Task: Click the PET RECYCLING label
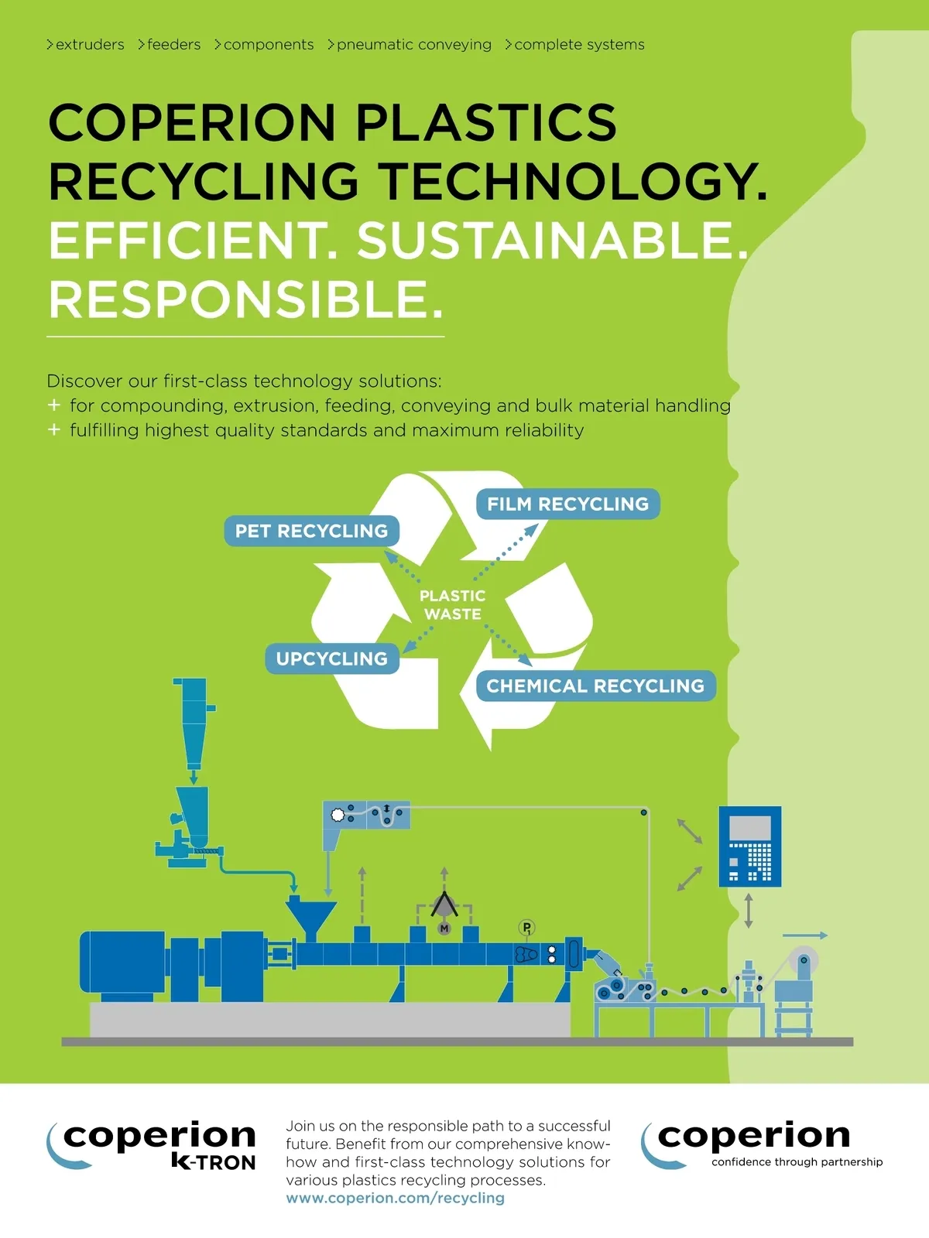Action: coord(311,531)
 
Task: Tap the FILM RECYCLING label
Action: coord(567,504)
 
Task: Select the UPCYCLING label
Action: coord(332,658)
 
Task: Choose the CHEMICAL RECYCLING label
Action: coord(595,686)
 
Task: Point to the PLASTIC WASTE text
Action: coord(453,604)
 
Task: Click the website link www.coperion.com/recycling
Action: coord(395,1198)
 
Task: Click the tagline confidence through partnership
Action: coord(797,1161)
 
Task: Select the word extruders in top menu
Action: coord(90,45)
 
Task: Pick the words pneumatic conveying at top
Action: coord(413,45)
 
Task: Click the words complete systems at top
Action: coord(579,45)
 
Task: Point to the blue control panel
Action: coord(749,846)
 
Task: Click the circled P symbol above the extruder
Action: coord(526,927)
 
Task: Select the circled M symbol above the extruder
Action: coord(444,928)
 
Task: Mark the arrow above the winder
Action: coord(806,935)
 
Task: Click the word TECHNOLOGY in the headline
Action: coord(573,181)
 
